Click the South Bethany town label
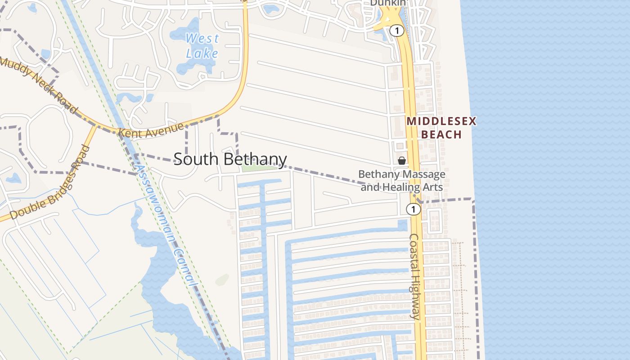point(230,159)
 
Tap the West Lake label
point(202,46)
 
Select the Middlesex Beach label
point(441,128)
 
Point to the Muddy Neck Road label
point(39,85)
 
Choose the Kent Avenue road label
point(151,130)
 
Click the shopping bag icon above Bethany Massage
point(402,161)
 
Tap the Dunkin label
point(388,3)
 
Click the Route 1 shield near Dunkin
point(396,31)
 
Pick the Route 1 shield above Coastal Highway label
point(413,209)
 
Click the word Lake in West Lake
point(202,54)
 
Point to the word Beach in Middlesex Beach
point(441,135)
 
